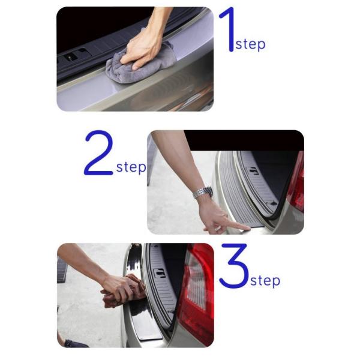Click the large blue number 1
[x=229, y=30]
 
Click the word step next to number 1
[x=250, y=44]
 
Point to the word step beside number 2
[x=131, y=167]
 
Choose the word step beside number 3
[x=265, y=281]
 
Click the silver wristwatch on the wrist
[x=203, y=192]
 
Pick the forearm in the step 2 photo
[x=179, y=161]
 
